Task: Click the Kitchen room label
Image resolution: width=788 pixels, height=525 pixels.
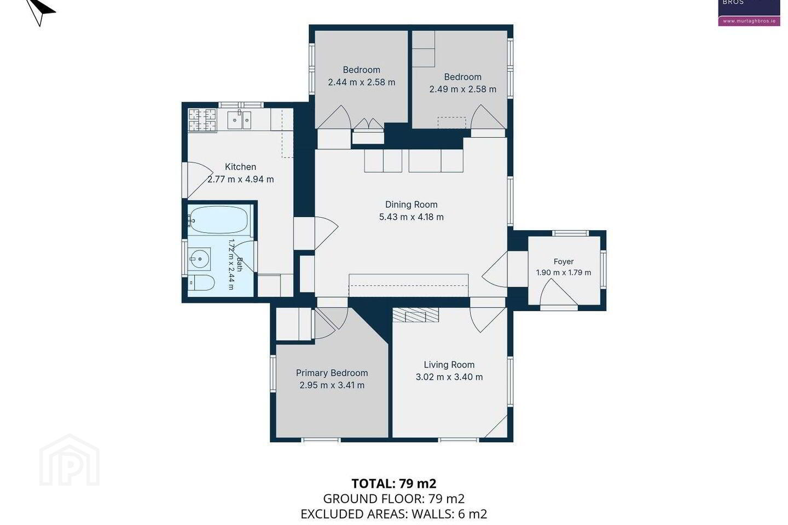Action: point(240,167)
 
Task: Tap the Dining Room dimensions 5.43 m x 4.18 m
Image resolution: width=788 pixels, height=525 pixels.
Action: point(412,217)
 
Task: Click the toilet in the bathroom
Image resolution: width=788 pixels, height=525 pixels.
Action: point(201,283)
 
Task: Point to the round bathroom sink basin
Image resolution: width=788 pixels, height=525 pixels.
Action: point(200,259)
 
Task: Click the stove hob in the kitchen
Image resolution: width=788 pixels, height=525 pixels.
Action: point(202,120)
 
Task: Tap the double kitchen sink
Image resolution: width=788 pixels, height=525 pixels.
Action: point(239,120)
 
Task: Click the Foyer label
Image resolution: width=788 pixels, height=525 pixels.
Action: point(564,261)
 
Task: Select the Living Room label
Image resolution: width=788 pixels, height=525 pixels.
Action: point(449,365)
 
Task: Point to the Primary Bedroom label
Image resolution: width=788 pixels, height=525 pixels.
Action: point(332,373)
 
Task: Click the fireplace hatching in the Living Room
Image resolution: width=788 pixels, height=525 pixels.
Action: point(416,315)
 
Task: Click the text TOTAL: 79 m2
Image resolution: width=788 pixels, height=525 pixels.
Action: point(394,484)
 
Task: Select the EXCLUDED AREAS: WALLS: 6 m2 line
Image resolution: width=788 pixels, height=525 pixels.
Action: point(393,514)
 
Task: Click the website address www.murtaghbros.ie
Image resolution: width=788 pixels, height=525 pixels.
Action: point(749,21)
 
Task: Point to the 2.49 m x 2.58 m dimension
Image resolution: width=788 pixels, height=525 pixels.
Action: point(462,89)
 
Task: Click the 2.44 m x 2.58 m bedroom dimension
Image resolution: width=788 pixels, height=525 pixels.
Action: point(361,82)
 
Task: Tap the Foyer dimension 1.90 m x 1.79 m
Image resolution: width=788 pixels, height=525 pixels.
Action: point(564,272)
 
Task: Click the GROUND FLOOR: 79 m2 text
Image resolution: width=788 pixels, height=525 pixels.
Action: point(393,499)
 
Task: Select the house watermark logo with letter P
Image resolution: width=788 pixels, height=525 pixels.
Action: point(69,460)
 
